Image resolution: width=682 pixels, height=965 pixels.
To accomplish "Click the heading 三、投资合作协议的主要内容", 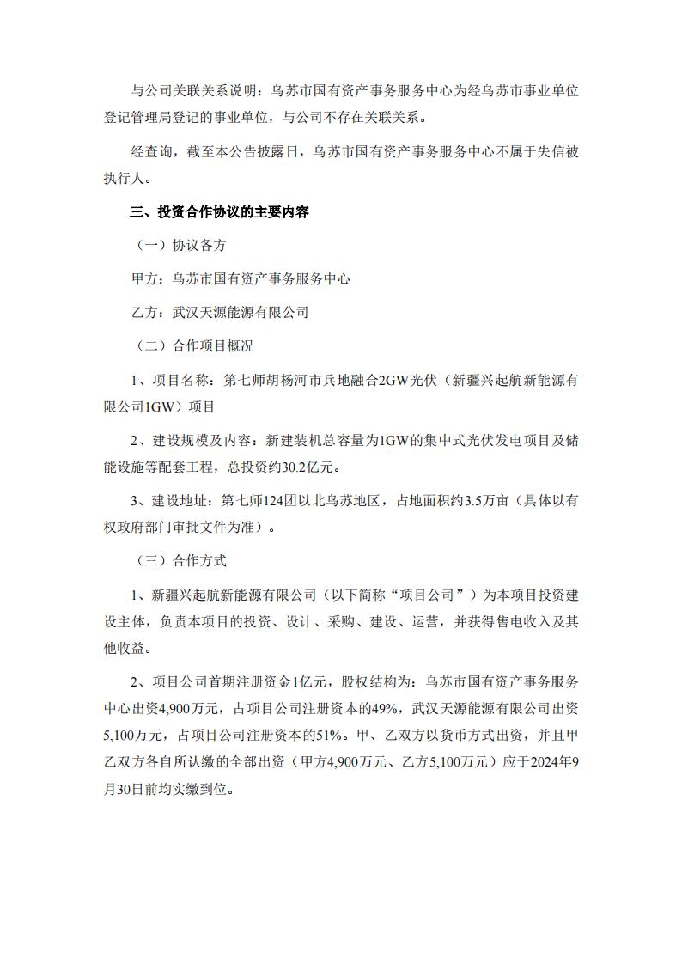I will pyautogui.click(x=219, y=212).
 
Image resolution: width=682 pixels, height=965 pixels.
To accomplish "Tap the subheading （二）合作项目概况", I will pyautogui.click(x=194, y=346).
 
